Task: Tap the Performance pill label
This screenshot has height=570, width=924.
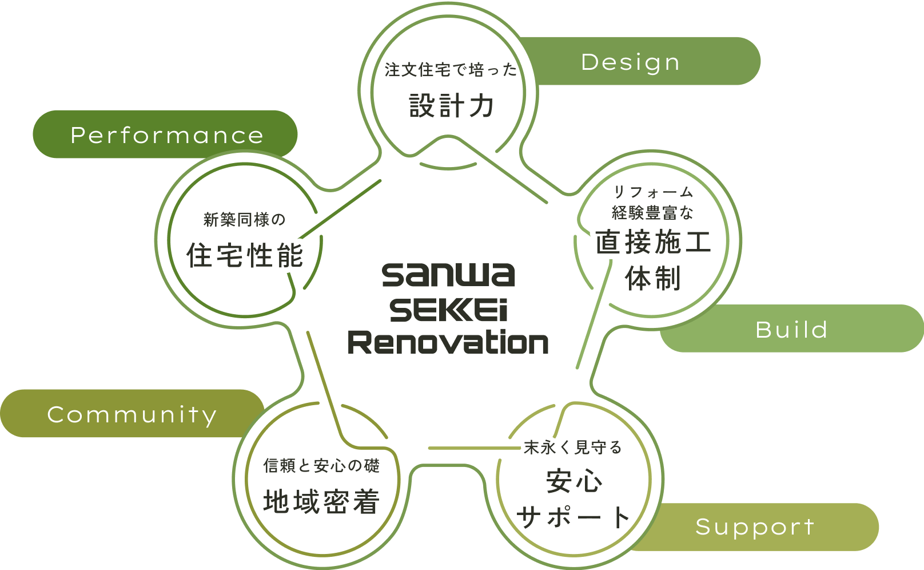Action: (165, 134)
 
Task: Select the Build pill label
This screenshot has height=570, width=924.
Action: (792, 328)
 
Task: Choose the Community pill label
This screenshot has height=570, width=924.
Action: (132, 414)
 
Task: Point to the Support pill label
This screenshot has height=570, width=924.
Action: (755, 527)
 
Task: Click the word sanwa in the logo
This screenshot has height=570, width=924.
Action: (448, 275)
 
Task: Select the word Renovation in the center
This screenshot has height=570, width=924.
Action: (448, 342)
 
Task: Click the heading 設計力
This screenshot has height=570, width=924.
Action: (451, 106)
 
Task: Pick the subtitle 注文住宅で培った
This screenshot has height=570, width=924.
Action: (451, 70)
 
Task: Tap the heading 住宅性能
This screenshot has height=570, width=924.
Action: (245, 255)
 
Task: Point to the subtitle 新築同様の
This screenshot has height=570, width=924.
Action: (245, 219)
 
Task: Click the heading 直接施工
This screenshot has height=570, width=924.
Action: (654, 242)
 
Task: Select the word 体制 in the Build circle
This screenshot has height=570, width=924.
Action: (653, 278)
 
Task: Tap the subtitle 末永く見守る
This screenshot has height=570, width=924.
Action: (573, 448)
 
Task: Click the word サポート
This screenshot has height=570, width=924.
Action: (573, 517)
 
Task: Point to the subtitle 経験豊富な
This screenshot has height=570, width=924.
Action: (652, 213)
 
